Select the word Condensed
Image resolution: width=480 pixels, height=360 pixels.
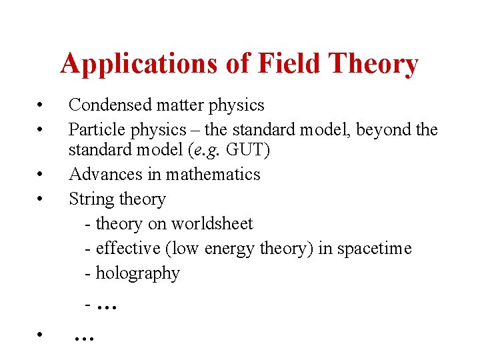[109, 105]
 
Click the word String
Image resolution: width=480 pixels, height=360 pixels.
[90, 199]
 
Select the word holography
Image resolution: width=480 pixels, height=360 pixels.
[138, 273]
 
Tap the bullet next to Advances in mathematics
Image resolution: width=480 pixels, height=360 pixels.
[41, 175]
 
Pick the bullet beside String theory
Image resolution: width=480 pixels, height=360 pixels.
[41, 199]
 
